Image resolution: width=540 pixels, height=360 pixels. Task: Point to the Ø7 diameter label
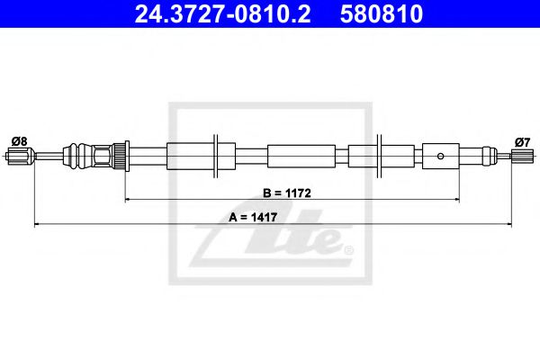pyautogui.click(x=521, y=139)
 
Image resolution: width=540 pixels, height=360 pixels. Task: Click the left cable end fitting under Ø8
pyautogui.click(x=18, y=158)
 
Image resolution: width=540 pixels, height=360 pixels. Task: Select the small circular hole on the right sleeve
pyautogui.click(x=440, y=156)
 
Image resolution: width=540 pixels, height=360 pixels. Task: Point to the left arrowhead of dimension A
pyautogui.click(x=37, y=223)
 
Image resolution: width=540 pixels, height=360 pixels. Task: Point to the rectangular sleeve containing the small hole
pyautogui.click(x=440, y=155)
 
